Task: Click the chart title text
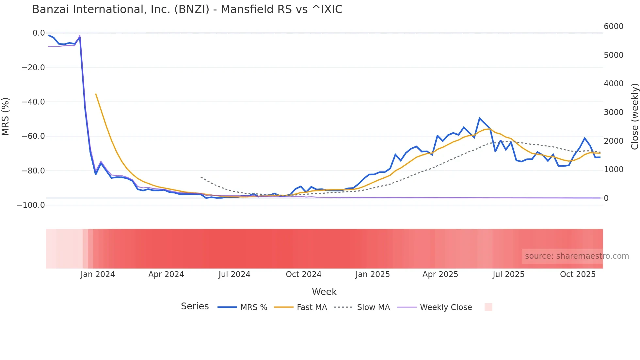click(x=187, y=9)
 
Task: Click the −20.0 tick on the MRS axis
click(x=33, y=68)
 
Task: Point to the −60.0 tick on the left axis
click(x=33, y=136)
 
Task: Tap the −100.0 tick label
click(x=31, y=205)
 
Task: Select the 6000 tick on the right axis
click(x=614, y=26)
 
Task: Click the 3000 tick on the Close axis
click(x=614, y=112)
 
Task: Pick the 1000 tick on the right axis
click(x=614, y=170)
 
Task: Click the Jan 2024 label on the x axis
click(x=98, y=274)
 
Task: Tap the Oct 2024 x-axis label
click(x=303, y=274)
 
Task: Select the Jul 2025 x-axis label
click(x=508, y=274)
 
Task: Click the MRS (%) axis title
click(x=6, y=117)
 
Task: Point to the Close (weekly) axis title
click(x=634, y=117)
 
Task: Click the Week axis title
click(x=324, y=292)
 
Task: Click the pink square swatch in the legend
click(x=488, y=307)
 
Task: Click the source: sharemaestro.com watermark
click(x=577, y=256)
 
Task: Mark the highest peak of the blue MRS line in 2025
click(x=479, y=118)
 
